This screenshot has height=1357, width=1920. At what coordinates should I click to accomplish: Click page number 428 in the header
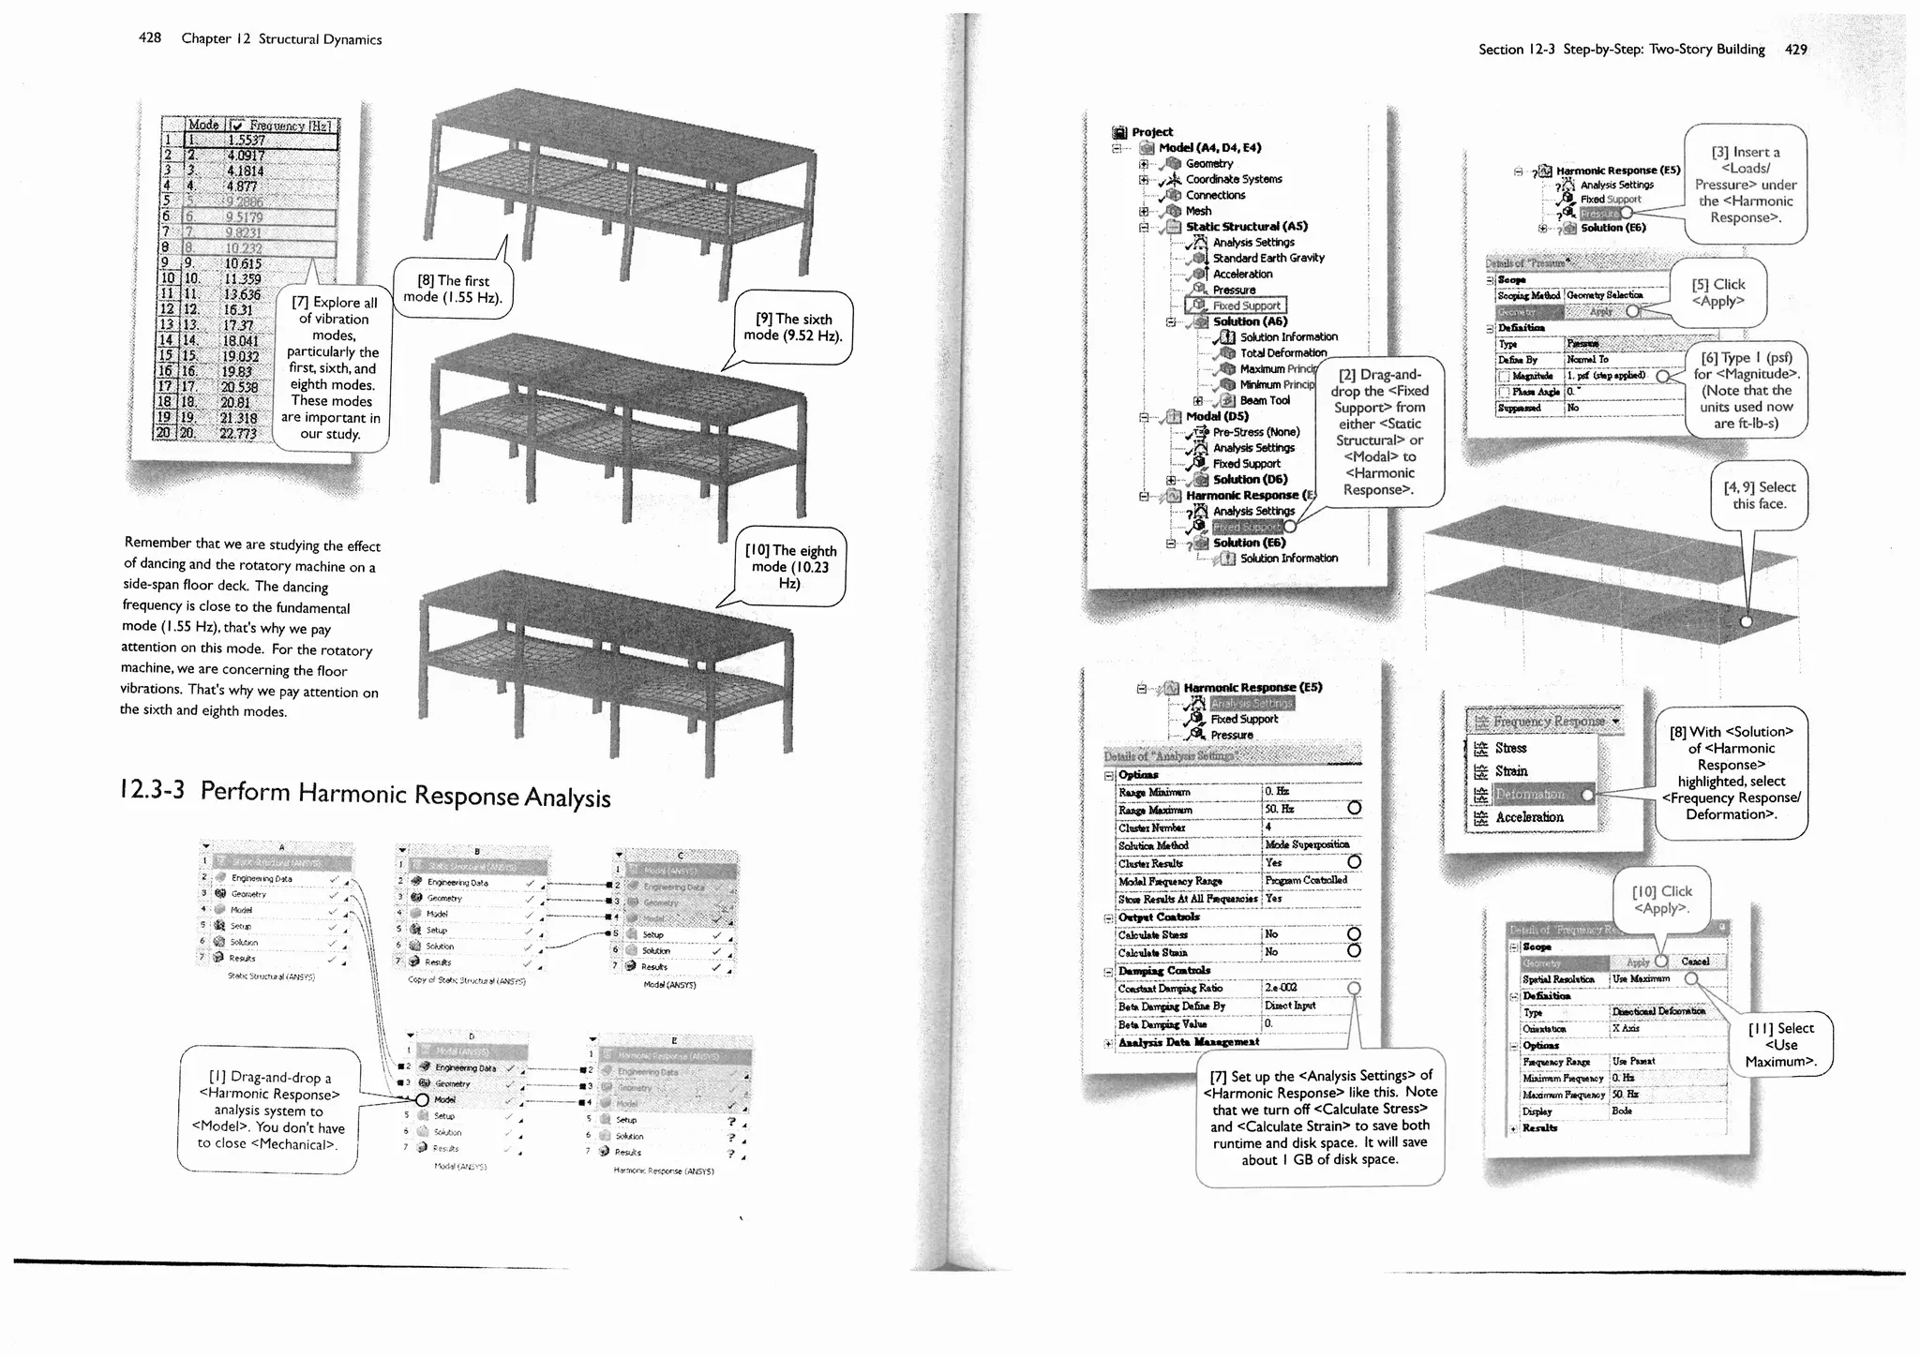pos(150,38)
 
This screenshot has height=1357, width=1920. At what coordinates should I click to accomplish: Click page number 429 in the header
pos(1795,50)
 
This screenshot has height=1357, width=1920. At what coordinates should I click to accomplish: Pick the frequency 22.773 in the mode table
pos(238,434)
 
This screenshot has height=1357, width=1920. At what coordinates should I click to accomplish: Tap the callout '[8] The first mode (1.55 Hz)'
pos(453,289)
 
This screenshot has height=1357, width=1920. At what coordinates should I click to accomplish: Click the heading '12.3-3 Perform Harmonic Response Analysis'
pos(366,794)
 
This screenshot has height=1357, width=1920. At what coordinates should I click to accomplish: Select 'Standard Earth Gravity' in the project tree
pos(1267,258)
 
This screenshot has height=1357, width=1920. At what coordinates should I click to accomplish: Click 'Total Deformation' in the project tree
pos(1282,353)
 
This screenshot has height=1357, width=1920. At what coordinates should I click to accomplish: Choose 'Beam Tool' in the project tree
pos(1264,400)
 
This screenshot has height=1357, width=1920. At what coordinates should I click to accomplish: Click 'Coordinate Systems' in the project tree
pos(1233,179)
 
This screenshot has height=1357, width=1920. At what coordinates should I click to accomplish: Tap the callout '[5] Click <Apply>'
pos(1717,292)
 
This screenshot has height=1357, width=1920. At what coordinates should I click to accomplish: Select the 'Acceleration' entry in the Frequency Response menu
pos(1529,817)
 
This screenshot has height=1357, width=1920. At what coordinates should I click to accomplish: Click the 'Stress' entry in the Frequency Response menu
pos(1510,748)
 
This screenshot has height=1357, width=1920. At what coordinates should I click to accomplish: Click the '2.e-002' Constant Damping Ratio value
pos(1281,988)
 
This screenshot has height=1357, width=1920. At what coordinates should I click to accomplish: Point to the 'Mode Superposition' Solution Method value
pos(1306,844)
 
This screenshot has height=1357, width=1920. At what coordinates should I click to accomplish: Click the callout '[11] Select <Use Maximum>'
pos(1780,1044)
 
